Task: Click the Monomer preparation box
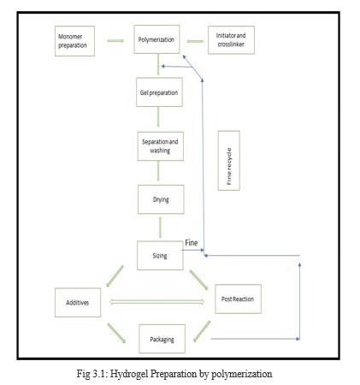[74, 41]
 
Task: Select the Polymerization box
[156, 39]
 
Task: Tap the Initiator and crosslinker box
[231, 40]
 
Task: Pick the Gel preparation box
[159, 92]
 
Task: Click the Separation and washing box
[161, 146]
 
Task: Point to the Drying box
[161, 199]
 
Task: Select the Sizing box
[160, 256]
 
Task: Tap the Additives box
[78, 302]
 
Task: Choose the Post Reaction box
[238, 299]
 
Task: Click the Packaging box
[162, 339]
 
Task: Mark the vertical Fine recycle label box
[229, 161]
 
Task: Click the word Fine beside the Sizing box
[192, 243]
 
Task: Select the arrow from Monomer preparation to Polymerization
[115, 41]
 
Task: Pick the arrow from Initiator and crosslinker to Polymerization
[195, 41]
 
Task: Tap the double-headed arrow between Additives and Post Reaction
[157, 302]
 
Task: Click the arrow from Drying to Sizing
[160, 228]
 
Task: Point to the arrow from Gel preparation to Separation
[158, 117]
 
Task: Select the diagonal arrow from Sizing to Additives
[115, 276]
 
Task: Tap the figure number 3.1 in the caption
[99, 374]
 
